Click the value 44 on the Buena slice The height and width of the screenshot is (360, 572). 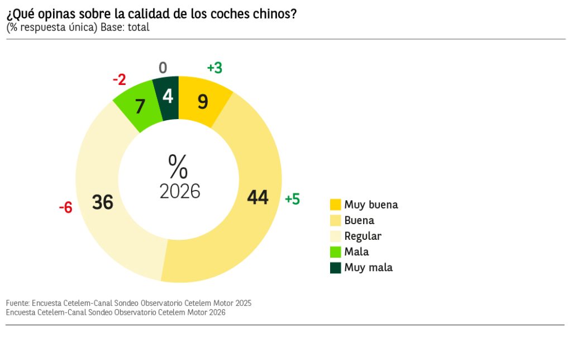tap(258, 197)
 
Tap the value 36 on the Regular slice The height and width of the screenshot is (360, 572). tap(103, 202)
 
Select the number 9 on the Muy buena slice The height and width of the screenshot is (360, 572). tap(203, 102)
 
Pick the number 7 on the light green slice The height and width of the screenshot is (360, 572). tap(140, 106)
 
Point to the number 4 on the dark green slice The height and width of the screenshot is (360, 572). tap(168, 97)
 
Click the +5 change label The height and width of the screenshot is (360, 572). tap(292, 199)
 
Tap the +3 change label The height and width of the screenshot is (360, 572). tap(214, 68)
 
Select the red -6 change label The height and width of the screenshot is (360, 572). tap(65, 208)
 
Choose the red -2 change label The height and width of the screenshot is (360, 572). tap(119, 80)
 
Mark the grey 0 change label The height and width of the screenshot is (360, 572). tap(163, 68)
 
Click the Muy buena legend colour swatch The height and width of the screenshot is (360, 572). tap(335, 205)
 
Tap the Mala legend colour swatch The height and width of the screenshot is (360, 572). tap(335, 252)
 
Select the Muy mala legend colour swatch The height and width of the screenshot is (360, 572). tap(335, 268)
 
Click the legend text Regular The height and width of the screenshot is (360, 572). tap(363, 236)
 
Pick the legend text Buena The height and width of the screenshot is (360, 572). tap(359, 220)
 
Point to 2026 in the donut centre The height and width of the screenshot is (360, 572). tap(180, 191)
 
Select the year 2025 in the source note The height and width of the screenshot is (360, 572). tap(243, 303)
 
